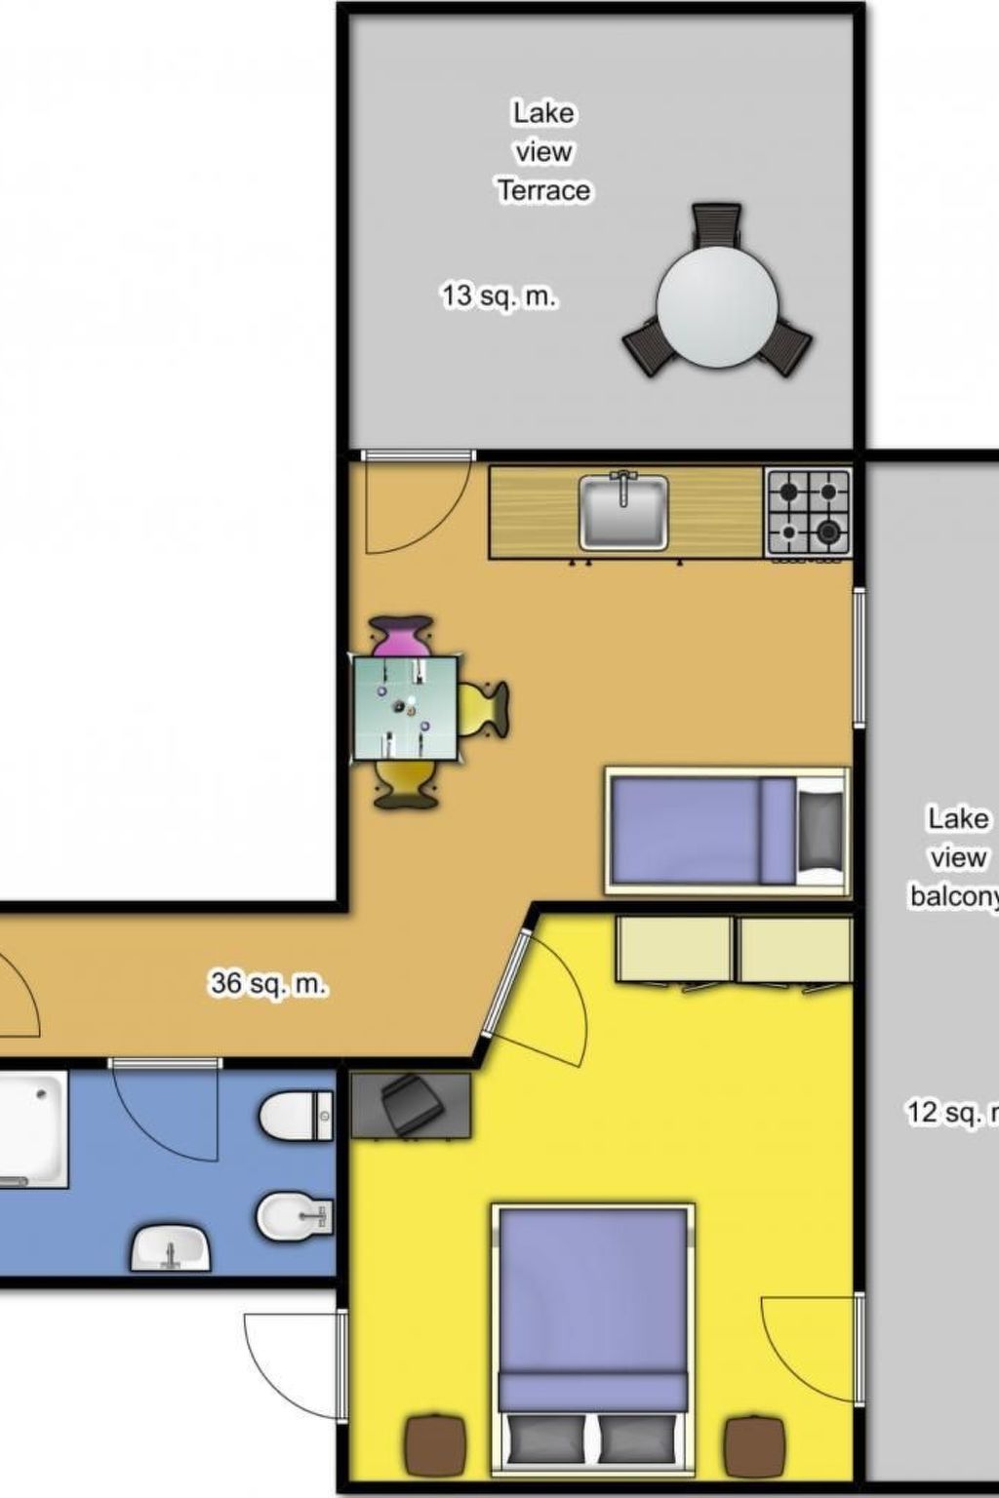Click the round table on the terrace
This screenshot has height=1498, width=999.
tap(717, 305)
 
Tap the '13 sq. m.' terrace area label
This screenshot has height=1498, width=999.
tap(499, 296)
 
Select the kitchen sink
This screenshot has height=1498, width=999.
tap(623, 511)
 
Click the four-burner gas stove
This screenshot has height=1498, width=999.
tap(808, 510)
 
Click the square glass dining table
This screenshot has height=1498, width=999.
tap(406, 708)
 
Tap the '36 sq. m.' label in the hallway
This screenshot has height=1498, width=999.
tap(268, 983)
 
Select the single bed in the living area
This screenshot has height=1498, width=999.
tap(726, 831)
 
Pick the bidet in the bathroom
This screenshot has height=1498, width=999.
tap(294, 1215)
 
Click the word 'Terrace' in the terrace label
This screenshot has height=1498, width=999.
tap(543, 190)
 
